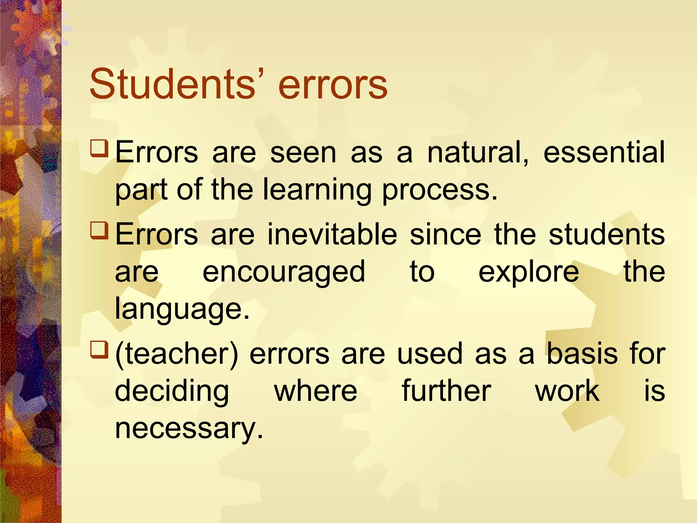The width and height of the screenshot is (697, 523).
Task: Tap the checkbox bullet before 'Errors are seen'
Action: [x=99, y=148]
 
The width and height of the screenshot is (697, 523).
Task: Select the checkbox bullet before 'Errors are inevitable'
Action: [x=99, y=231]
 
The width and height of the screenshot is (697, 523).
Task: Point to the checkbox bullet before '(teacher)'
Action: [x=99, y=350]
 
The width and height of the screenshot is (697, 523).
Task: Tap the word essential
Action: [x=604, y=153]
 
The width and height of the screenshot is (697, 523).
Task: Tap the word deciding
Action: [x=172, y=392]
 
